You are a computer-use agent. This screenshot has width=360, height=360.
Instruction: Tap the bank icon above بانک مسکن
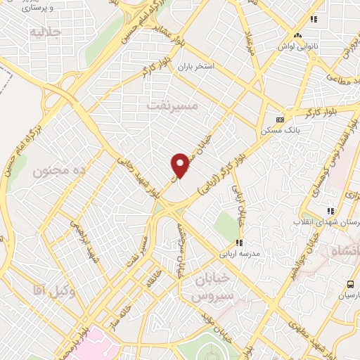pos(279,120)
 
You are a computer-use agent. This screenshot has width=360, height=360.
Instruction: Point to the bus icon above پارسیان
pos(350,284)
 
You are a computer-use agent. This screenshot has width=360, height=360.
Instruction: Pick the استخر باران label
pos(194,67)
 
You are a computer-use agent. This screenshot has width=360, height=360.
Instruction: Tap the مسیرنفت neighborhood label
pos(174,105)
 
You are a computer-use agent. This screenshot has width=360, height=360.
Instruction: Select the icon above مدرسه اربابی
pos(238,243)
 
